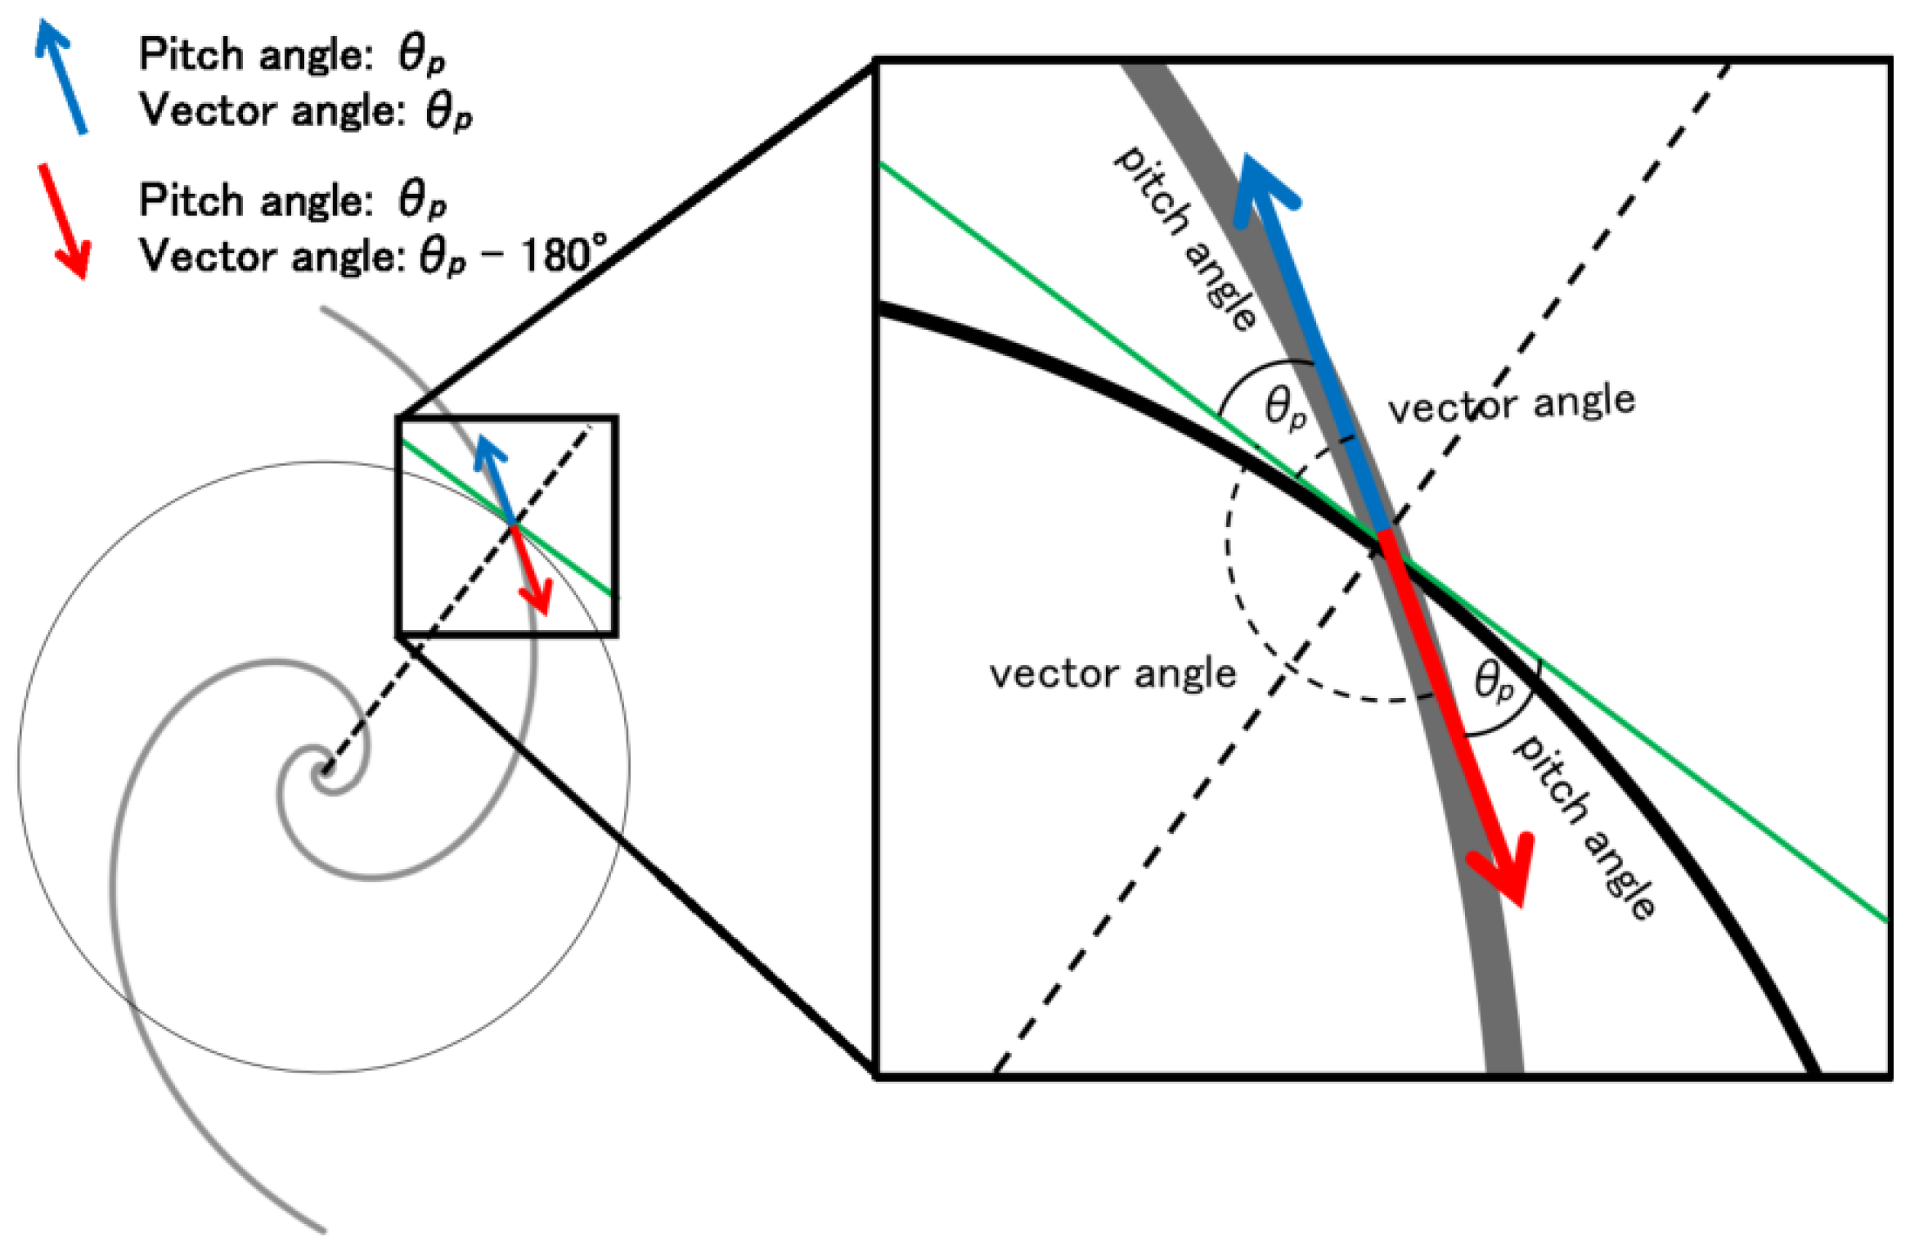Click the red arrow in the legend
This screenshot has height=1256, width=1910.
(x=64, y=221)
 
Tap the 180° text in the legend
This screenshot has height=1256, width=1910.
(x=564, y=254)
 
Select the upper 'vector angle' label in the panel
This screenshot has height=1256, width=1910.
(x=1512, y=403)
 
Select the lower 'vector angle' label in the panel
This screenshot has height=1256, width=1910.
(x=1112, y=673)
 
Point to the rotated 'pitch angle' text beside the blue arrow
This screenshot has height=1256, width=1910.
(x=1185, y=237)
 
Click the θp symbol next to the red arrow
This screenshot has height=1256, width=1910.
(x=1494, y=682)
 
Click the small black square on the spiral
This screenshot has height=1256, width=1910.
(x=507, y=526)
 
